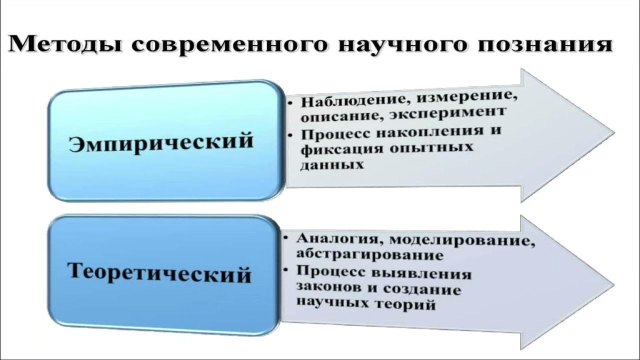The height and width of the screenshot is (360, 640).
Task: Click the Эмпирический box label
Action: point(160,141)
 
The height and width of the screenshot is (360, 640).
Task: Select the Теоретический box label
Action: point(159,273)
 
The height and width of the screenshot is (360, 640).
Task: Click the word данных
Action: point(331,164)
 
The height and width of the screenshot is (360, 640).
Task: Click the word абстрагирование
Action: point(369,254)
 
